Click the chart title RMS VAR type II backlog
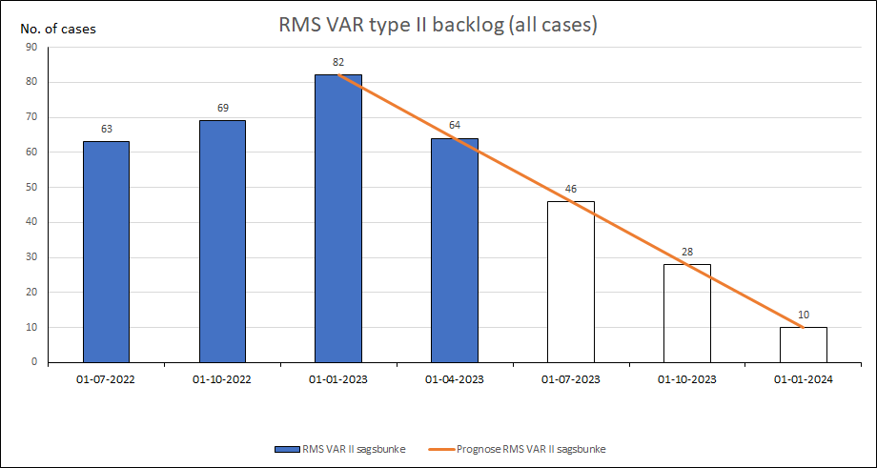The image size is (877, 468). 438,25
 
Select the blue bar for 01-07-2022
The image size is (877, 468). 106,252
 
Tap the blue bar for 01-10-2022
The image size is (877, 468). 222,241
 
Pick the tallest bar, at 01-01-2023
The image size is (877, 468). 338,218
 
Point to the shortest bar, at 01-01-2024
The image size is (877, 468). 804,345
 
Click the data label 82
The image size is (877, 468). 338,63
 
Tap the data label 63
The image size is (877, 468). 106,130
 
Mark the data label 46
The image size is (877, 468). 571,189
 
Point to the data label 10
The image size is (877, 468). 804,315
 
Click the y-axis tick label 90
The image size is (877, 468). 31,47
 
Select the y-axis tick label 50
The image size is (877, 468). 31,187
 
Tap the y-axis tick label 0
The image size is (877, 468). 34,362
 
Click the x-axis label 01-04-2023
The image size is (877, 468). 455,379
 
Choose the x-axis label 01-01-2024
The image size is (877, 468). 804,379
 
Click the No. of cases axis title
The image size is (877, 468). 58,28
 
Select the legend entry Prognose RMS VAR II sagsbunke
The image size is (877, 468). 531,448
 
